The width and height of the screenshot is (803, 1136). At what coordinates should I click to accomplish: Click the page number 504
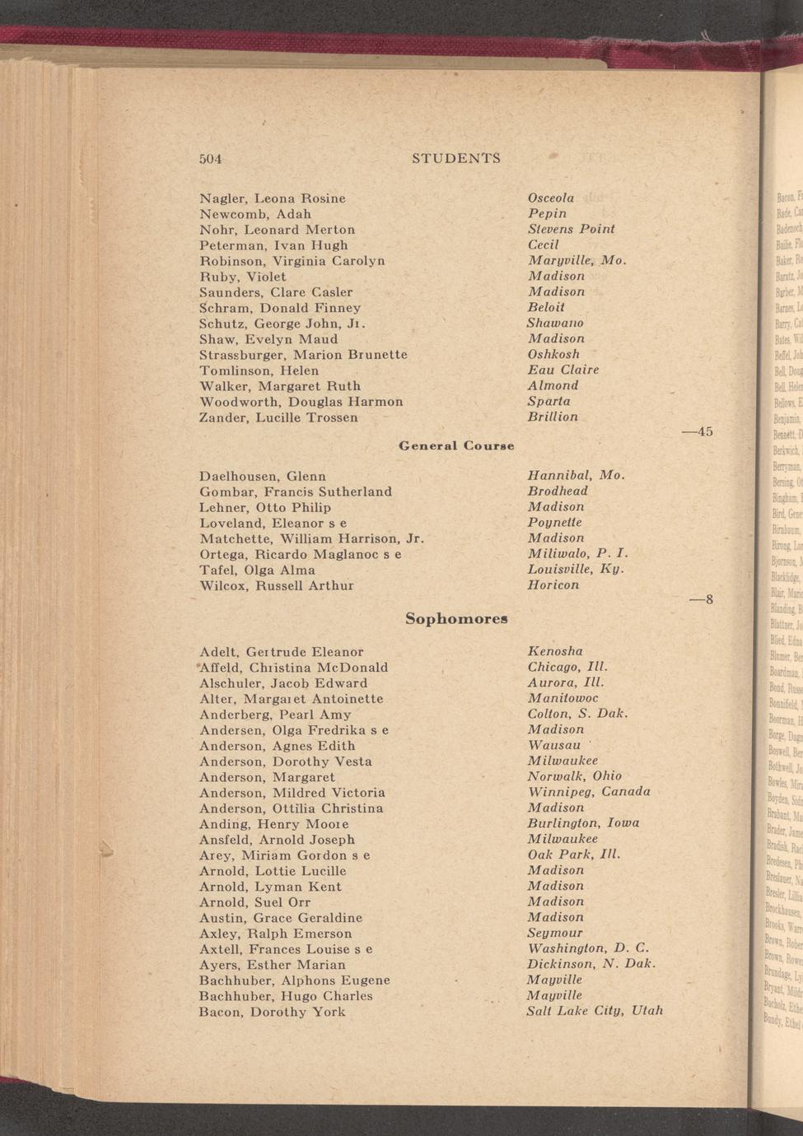[211, 158]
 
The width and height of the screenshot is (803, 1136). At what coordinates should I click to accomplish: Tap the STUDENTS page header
[455, 158]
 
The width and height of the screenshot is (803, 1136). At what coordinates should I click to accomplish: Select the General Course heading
[456, 446]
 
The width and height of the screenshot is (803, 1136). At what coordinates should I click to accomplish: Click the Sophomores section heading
[456, 619]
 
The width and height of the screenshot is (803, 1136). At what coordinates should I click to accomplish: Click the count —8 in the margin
[702, 600]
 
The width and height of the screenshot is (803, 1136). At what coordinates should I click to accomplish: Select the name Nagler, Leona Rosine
[273, 198]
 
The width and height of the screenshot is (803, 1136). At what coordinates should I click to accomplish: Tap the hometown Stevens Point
[571, 229]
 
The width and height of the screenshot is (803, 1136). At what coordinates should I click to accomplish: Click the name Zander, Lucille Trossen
[278, 417]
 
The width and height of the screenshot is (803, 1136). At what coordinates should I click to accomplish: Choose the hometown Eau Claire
[563, 370]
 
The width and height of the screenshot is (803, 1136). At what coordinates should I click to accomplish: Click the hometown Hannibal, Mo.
[576, 475]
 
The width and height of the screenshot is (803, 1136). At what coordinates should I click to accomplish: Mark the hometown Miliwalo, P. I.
[577, 553]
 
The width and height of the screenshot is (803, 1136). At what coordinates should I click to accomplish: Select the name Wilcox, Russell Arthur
[277, 586]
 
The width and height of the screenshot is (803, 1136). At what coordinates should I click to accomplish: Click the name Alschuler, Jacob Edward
[283, 683]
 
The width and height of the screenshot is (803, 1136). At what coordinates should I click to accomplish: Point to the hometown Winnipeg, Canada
[589, 792]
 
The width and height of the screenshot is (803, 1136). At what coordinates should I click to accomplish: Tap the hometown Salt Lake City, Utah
[595, 1011]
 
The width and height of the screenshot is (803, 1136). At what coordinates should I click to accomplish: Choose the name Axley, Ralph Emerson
[275, 933]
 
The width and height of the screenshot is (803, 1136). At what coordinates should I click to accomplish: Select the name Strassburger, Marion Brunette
[303, 355]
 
